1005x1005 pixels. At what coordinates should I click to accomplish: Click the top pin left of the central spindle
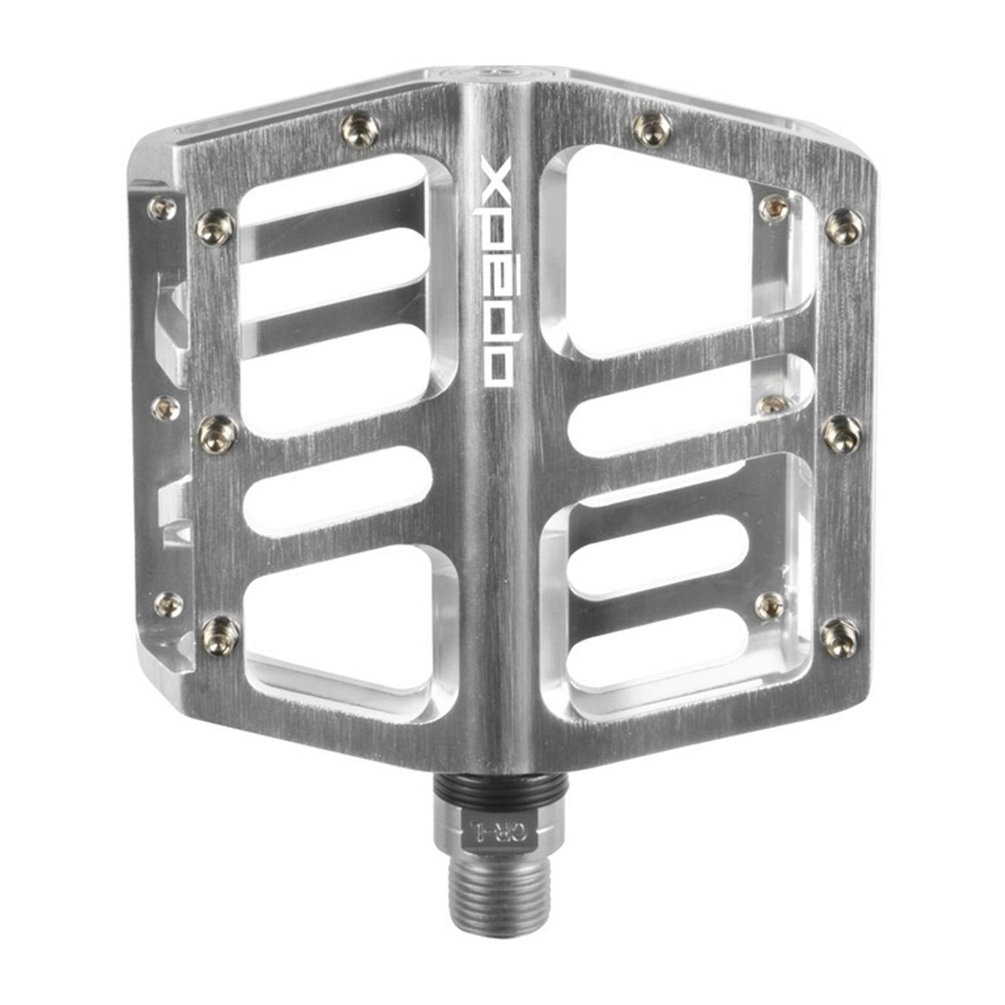point(360,130)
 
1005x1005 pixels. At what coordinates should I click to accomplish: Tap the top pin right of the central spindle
point(652,129)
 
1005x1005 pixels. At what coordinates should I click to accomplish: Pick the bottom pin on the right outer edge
point(840,637)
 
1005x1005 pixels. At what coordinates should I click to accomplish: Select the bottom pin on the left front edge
point(219,635)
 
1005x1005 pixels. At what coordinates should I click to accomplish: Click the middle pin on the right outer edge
point(842,433)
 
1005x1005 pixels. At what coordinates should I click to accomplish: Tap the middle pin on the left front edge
point(218,434)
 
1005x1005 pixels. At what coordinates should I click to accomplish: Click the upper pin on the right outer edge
point(844,227)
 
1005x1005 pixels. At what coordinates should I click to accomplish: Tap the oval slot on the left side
point(338,490)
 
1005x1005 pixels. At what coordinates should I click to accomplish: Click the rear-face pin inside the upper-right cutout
point(774,208)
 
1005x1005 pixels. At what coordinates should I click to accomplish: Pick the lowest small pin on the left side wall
point(168,604)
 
